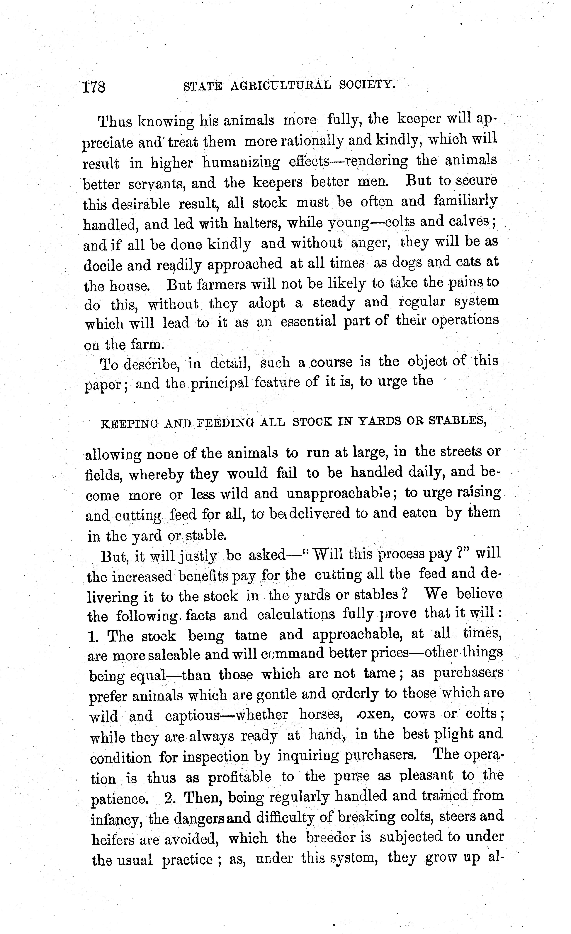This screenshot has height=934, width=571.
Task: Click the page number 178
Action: [94, 87]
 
